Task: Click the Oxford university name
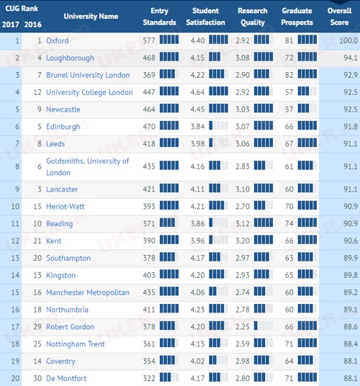58,40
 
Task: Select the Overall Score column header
339,17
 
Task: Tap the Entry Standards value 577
149,40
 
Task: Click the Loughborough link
70,58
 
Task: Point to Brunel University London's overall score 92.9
351,75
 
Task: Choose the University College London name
89,92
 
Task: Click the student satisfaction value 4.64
197,92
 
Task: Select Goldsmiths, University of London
87,166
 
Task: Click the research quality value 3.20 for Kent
243,241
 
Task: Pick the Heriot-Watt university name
66,206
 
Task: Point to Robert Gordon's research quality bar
264,326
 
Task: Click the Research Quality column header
253,17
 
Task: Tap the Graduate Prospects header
297,17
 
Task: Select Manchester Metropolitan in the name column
88,292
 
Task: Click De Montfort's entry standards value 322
149,378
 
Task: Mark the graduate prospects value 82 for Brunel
289,75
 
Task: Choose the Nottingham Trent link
76,344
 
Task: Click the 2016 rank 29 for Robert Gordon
37,327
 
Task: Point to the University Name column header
91,17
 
